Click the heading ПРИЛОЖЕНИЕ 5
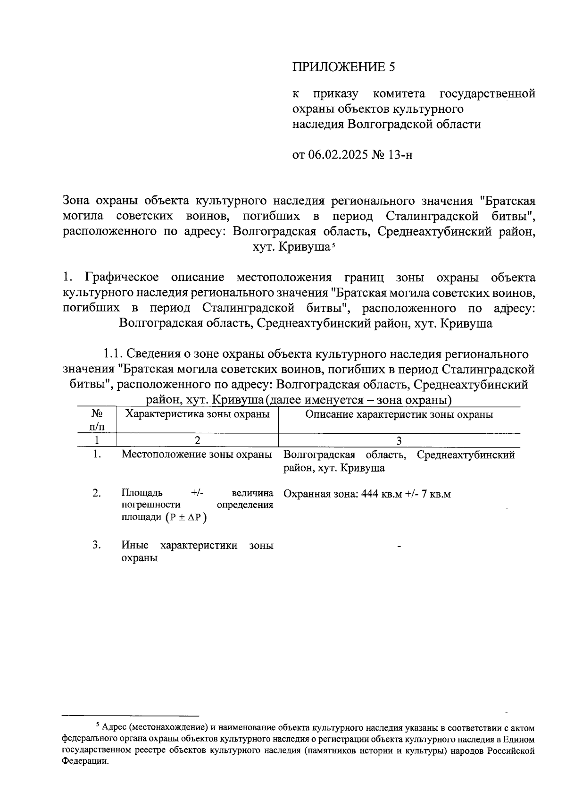pyautogui.click(x=343, y=67)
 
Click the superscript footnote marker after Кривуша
pyautogui.click(x=333, y=245)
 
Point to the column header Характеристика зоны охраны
pyautogui.click(x=197, y=414)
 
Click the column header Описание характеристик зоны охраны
pyautogui.click(x=399, y=414)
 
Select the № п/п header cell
pyautogui.click(x=97, y=420)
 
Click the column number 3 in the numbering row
pyautogui.click(x=399, y=440)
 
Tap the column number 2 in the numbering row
pyautogui.click(x=197, y=440)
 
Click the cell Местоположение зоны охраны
pyautogui.click(x=197, y=455)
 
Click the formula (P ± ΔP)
pyautogui.click(x=186, y=517)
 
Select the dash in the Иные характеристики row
pyautogui.click(x=399, y=547)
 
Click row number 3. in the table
pyautogui.click(x=97, y=545)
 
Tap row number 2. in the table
pyautogui.click(x=97, y=493)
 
